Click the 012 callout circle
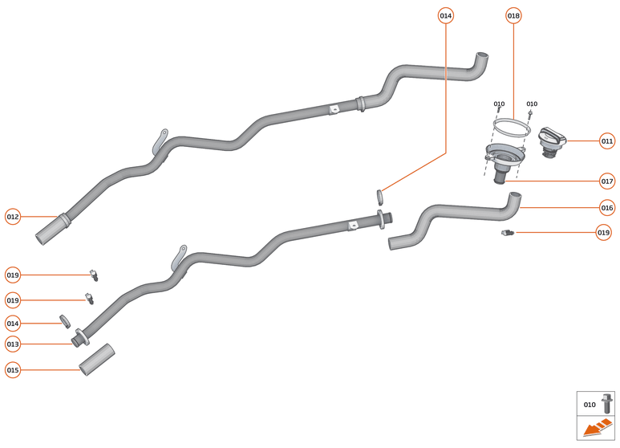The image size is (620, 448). [x=13, y=216]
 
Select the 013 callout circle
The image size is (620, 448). [x=13, y=344]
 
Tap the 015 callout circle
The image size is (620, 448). [x=13, y=370]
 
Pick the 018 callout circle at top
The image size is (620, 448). [x=513, y=15]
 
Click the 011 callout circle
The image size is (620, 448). [x=607, y=141]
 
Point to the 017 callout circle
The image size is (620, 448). [x=607, y=181]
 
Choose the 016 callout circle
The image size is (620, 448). [x=607, y=207]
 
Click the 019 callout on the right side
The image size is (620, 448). [x=604, y=232]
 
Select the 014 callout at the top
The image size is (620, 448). [x=446, y=15]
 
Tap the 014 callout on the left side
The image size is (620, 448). [x=13, y=323]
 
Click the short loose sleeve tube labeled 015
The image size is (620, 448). [x=97, y=359]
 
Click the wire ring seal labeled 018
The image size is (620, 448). [x=511, y=126]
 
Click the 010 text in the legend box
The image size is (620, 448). [x=590, y=405]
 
